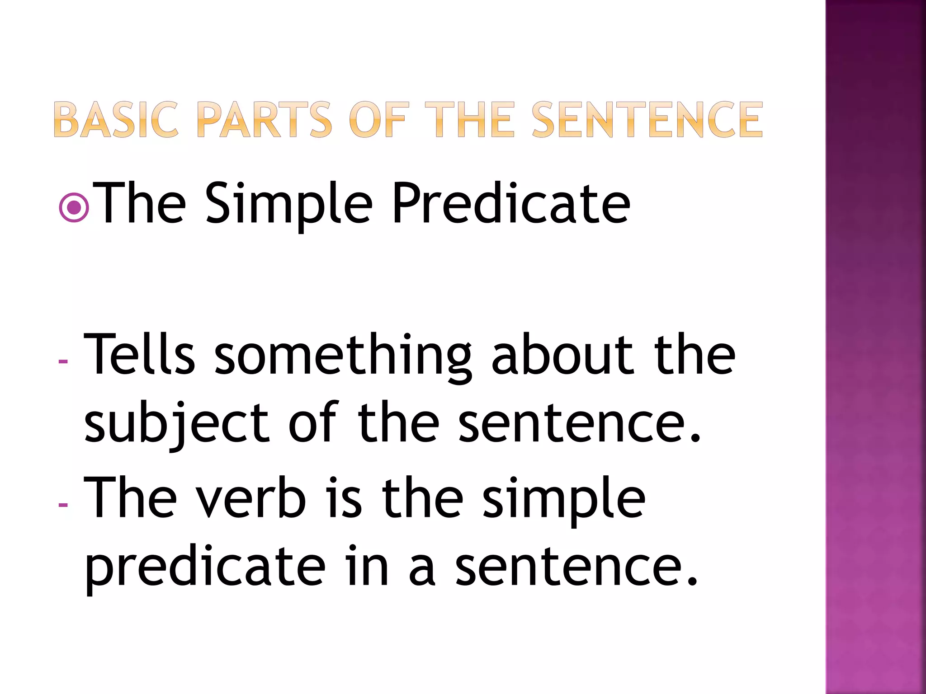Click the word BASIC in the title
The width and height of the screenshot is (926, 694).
tap(116, 120)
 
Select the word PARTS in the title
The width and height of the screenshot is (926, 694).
tap(264, 120)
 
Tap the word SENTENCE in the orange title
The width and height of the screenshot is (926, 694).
tap(647, 120)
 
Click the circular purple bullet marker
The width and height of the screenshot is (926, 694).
tap(74, 208)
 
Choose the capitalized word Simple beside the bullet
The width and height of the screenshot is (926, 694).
tap(289, 203)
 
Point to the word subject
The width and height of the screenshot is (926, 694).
tap(177, 425)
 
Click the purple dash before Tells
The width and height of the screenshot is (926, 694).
tap(63, 361)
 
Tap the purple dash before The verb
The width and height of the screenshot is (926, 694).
tap(63, 504)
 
